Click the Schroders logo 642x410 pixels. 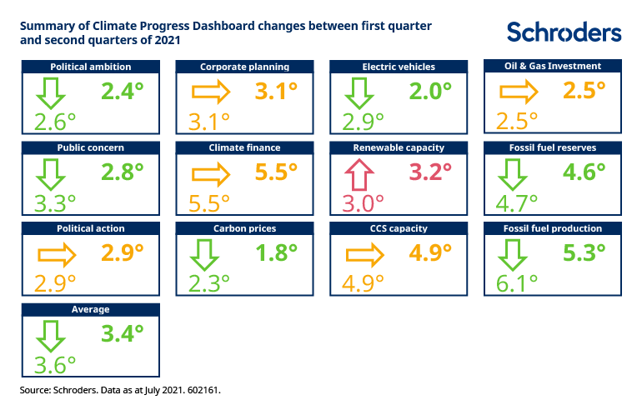coord(564,32)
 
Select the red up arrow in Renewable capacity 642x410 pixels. coord(361,175)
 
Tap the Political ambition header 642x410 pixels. coord(91,67)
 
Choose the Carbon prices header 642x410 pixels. coord(244,228)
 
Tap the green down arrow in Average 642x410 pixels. coord(52,336)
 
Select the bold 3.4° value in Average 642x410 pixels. coord(122,333)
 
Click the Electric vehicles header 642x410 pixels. coord(399,67)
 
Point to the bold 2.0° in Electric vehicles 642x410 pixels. coord(429,91)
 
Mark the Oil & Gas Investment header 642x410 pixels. coord(553,67)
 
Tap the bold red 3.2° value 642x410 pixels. coord(429,172)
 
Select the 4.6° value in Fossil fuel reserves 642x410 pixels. coord(584,172)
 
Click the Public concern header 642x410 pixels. coord(91,147)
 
